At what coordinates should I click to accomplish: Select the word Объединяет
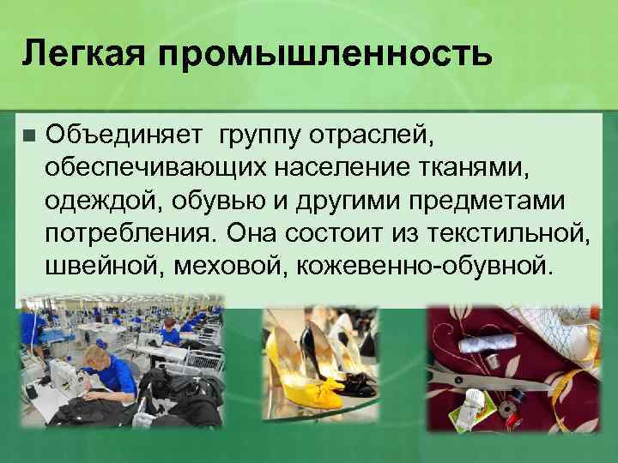(124, 134)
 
